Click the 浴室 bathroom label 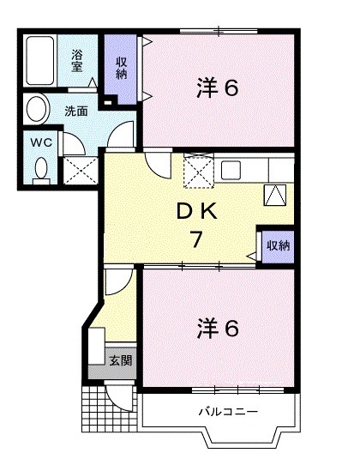point(77,60)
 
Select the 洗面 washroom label point(76,111)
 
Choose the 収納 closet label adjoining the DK point(278,245)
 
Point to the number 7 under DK point(196,239)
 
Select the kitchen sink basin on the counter point(231,169)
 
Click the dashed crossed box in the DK point(197,171)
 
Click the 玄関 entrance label point(120,360)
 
